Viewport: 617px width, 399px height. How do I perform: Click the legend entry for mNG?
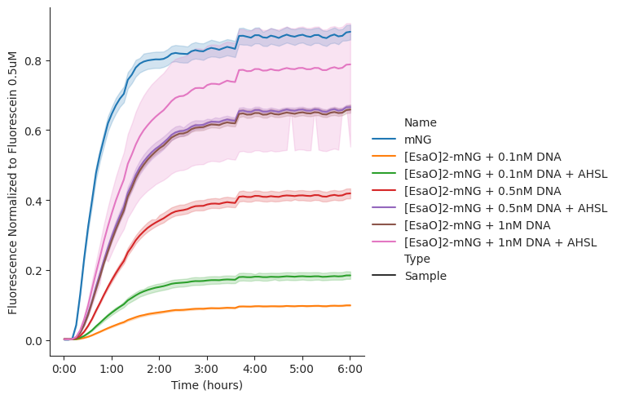click(418, 140)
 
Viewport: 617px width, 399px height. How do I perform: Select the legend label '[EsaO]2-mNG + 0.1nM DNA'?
click(483, 157)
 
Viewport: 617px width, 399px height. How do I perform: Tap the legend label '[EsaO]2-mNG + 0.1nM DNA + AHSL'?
click(505, 174)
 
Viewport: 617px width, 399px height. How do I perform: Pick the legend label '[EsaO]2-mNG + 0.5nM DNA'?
click(483, 191)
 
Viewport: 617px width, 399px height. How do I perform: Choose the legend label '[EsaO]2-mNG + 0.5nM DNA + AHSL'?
click(505, 208)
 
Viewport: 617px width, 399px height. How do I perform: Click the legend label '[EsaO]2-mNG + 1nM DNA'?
click(478, 225)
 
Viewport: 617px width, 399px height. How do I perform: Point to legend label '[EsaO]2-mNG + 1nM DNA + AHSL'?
click(500, 242)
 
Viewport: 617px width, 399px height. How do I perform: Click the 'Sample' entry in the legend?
click(425, 276)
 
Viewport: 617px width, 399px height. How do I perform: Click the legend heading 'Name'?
click(421, 122)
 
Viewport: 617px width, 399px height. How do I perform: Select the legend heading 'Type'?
click(417, 259)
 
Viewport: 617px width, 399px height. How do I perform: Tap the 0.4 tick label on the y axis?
click(33, 201)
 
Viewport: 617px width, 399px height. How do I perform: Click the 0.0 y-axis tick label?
click(33, 341)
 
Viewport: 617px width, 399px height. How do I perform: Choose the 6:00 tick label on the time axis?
click(350, 370)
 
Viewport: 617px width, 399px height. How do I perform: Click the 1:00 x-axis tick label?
click(112, 370)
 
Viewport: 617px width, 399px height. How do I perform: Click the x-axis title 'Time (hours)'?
click(207, 385)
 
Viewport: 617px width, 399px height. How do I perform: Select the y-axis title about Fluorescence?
click(12, 183)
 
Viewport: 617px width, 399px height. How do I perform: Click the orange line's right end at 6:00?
click(350, 305)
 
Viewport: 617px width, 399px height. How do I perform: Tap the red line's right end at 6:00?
click(350, 193)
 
